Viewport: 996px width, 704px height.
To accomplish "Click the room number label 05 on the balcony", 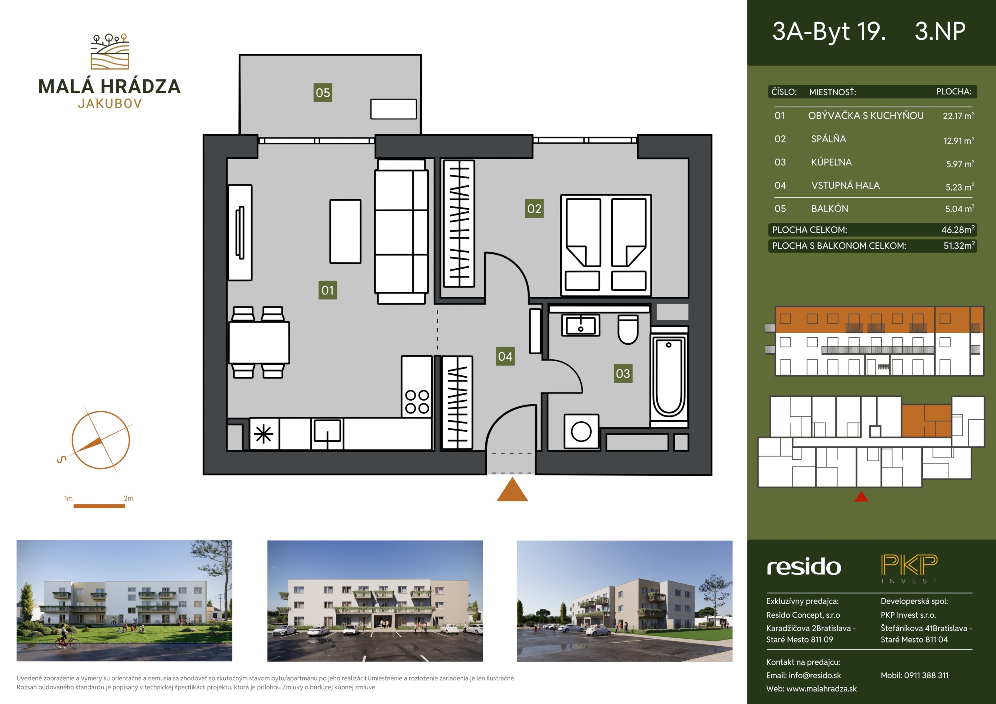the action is point(323,93).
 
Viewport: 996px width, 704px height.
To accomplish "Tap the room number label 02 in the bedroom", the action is point(534,208).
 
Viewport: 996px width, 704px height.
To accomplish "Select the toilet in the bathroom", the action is point(628,329).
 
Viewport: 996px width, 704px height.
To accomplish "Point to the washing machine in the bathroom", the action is point(581,431).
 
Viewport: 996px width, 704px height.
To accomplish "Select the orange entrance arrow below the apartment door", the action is point(512,489).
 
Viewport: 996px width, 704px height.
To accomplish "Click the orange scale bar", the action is point(99,506).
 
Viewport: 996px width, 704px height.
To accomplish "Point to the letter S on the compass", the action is point(61,459).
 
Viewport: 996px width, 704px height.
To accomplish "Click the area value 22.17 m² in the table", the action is point(958,116).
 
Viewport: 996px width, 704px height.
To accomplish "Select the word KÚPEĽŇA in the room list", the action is point(831,162).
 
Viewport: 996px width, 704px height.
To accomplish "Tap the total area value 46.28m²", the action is point(958,229).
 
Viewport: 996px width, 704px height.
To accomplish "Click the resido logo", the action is point(804,567).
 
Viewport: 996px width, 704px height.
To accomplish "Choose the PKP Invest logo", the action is point(909,569).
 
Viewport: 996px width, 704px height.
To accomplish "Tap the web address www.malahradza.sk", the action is point(821,688).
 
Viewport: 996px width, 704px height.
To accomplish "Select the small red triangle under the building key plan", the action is point(861,496).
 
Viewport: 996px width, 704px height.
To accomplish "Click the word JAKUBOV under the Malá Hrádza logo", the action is point(110,103).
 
